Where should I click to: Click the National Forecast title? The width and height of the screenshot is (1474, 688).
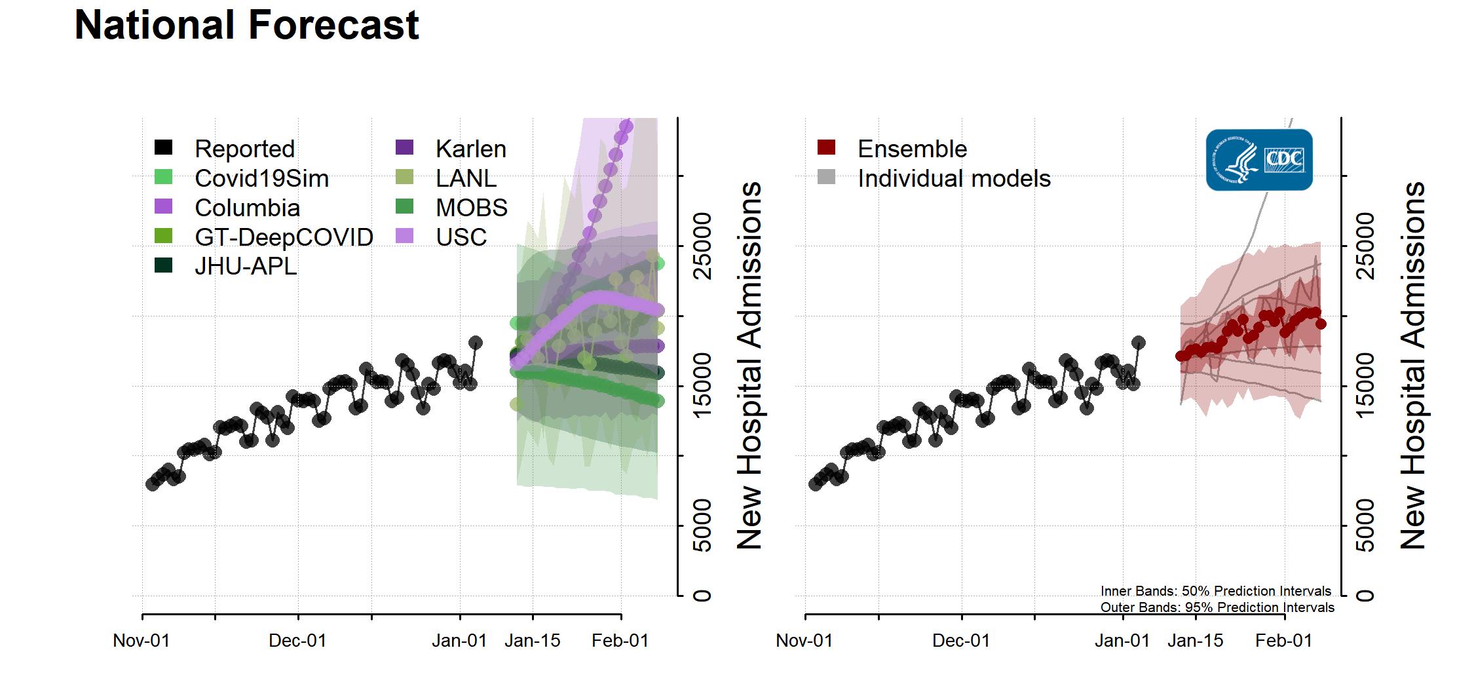coord(246,25)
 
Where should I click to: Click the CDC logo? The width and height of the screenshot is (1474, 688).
coord(1258,160)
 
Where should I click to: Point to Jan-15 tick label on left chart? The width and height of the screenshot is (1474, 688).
coord(533,640)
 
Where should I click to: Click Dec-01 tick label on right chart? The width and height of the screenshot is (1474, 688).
coord(961,640)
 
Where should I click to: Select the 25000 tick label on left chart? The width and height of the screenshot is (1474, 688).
coord(702,246)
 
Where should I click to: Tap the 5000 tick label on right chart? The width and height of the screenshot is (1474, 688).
coord(1366,526)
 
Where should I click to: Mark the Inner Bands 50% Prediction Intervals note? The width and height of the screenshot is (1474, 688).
coord(1216,591)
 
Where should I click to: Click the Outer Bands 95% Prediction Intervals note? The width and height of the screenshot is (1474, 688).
coord(1217,607)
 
